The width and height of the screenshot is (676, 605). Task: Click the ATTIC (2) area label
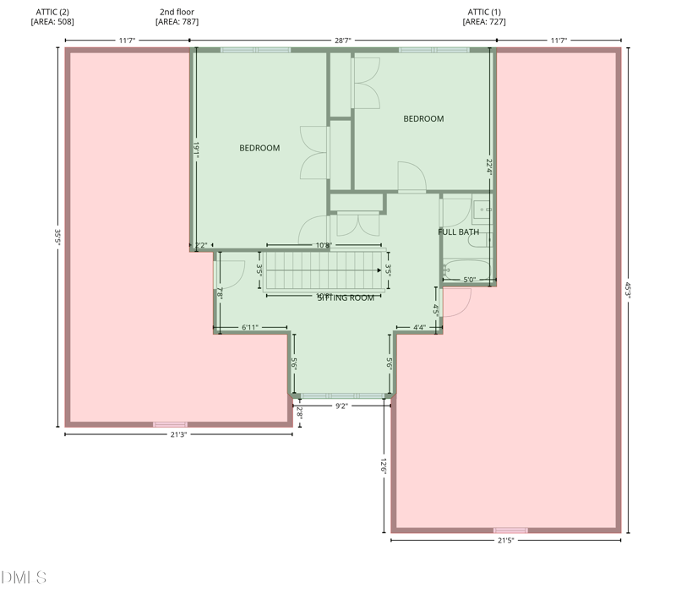[52, 17]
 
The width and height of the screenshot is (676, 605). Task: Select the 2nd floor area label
[177, 17]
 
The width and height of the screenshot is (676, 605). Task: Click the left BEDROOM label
[259, 149]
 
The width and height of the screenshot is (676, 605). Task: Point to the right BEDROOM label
[423, 119]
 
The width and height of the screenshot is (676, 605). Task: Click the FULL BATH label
[458, 232]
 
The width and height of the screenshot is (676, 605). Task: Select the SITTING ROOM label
[346, 297]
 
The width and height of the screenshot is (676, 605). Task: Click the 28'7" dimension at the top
[342, 41]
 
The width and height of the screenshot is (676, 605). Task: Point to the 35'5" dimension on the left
[57, 239]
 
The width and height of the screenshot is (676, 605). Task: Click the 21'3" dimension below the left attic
[178, 434]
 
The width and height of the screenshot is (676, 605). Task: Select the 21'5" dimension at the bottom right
[505, 540]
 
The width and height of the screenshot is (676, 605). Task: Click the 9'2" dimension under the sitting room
[341, 406]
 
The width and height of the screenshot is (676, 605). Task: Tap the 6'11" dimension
[250, 327]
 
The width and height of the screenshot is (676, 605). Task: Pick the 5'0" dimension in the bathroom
[469, 280]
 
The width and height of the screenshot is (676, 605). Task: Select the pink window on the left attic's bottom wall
[170, 424]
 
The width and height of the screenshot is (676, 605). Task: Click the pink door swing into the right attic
[456, 302]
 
